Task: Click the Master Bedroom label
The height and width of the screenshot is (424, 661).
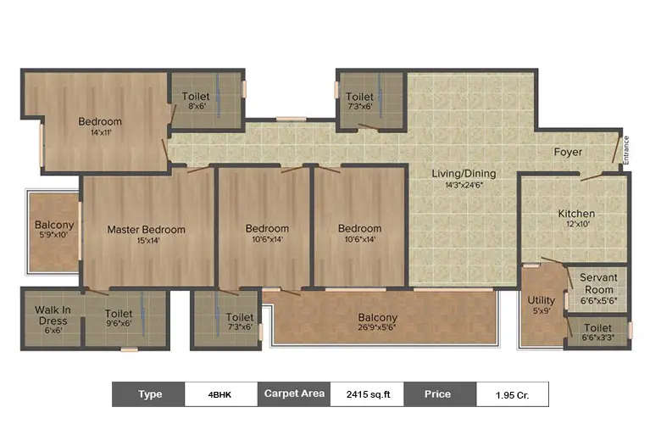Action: [146, 230]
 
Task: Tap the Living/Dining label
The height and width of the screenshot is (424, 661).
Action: [464, 174]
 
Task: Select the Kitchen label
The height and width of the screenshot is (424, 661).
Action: [576, 214]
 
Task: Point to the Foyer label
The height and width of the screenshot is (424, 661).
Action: [568, 153]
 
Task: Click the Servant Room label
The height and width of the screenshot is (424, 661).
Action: [598, 283]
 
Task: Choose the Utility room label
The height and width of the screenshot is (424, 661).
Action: [542, 300]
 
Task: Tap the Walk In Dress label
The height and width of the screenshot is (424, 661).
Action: [52, 315]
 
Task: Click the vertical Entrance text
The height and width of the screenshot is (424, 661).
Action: [626, 150]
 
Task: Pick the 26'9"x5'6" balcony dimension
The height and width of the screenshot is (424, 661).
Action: [377, 329]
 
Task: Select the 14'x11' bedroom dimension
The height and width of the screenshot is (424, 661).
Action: [100, 132]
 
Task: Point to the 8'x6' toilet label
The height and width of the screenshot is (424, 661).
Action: [196, 102]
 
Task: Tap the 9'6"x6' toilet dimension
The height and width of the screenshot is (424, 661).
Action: [119, 323]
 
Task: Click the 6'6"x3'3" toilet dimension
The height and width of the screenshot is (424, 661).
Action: [598, 338]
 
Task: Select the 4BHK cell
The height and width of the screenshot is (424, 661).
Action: [221, 394]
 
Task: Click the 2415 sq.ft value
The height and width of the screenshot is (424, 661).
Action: [367, 394]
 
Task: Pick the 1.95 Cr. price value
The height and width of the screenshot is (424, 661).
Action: [512, 394]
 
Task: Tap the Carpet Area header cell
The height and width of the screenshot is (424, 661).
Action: [293, 394]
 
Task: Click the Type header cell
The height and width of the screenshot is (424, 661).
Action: [150, 394]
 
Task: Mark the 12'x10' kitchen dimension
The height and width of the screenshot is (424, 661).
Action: [576, 224]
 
